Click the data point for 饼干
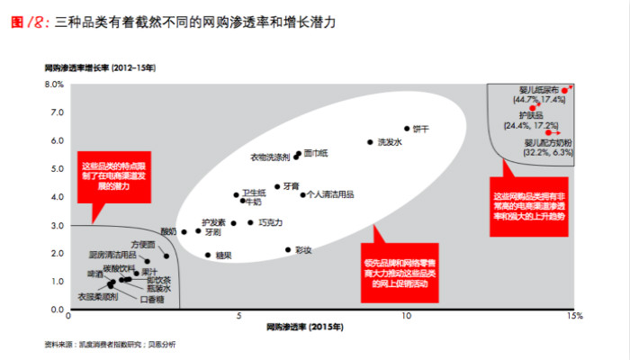[x=407, y=129]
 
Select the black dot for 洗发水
[x=370, y=142]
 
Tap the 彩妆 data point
[x=288, y=250]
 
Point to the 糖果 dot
[x=208, y=255]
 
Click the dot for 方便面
[x=166, y=256]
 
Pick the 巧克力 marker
[x=251, y=222]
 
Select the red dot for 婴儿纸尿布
[x=564, y=90]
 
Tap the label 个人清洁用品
[x=330, y=193]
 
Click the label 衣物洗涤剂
[x=271, y=157]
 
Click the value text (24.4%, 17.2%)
[x=532, y=125]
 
